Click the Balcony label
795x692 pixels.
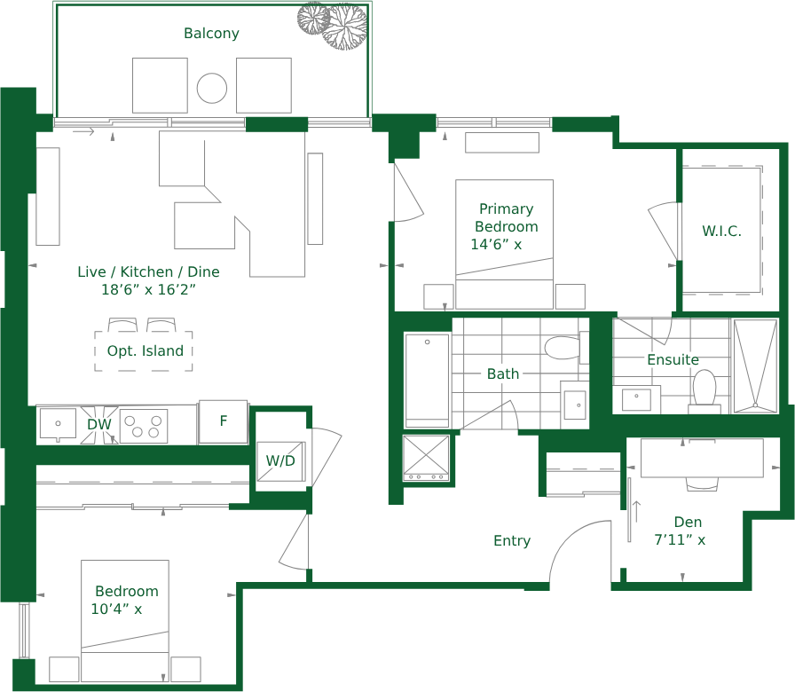[211, 34]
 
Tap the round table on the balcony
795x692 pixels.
[212, 88]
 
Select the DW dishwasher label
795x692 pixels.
[98, 424]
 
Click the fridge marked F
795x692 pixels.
[223, 421]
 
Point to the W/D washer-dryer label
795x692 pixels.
[280, 460]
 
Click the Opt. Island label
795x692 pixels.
[145, 350]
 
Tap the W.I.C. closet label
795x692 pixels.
[721, 232]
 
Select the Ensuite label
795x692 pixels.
[673, 360]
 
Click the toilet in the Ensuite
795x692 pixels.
[704, 391]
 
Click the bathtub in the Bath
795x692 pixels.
[427, 381]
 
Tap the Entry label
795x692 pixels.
[512, 541]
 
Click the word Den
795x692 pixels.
[688, 523]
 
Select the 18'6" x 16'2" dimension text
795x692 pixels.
[148, 289]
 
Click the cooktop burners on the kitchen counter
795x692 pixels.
[144, 427]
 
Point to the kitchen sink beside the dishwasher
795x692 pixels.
[58, 424]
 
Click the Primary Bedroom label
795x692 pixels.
[506, 218]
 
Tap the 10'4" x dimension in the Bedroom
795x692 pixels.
[116, 609]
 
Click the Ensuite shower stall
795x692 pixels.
[755, 366]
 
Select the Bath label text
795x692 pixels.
[503, 374]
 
